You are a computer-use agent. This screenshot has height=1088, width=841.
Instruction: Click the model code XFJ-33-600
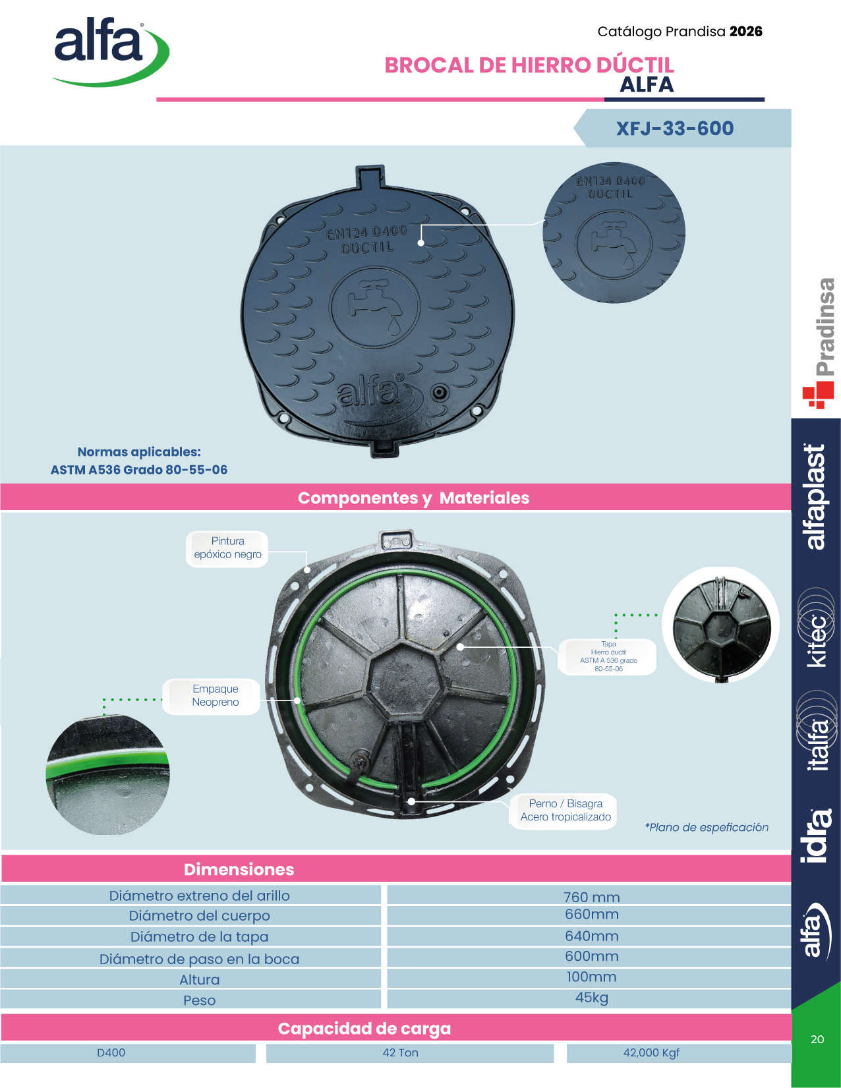[x=675, y=129]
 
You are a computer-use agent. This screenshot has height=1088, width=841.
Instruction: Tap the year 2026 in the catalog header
[x=746, y=32]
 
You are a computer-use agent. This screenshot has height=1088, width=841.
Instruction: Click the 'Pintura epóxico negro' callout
[x=227, y=548]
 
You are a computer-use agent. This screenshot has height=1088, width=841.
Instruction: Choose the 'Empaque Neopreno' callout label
[x=216, y=695]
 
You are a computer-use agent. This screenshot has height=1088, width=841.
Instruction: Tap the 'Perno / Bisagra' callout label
[x=565, y=810]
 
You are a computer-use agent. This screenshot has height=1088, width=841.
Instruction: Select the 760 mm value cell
[x=591, y=896]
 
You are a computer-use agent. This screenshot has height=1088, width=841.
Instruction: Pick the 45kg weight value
[x=591, y=997]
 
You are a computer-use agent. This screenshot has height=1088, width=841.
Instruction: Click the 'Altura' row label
[x=199, y=979]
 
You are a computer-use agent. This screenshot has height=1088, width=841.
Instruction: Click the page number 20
[x=817, y=1039]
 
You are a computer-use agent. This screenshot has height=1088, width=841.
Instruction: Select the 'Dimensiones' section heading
[x=239, y=870]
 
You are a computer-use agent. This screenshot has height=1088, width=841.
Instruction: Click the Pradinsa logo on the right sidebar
[x=819, y=343]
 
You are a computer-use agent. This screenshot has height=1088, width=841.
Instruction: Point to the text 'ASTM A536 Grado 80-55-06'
[x=139, y=470]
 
